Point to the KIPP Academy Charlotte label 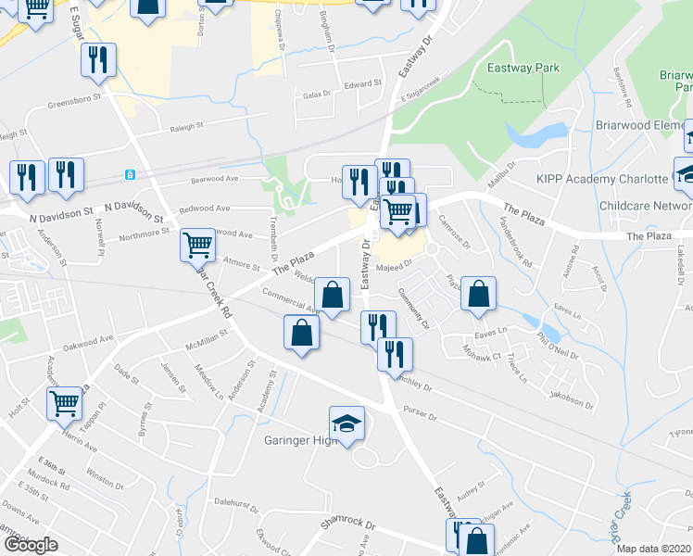[602, 179]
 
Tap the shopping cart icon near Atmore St [197, 246]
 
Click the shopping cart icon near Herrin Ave [65, 403]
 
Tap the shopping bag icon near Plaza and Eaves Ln [477, 294]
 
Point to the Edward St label [363, 83]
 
